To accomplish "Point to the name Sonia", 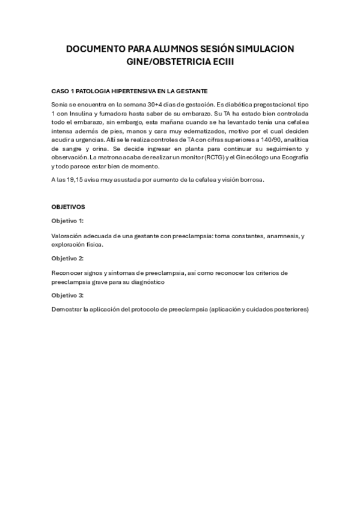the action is point(60,105).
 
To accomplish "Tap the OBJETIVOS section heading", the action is point(69,206).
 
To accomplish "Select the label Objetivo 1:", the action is point(67,221).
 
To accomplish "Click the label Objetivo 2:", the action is point(67,258).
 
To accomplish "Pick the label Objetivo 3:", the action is point(67,295).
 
